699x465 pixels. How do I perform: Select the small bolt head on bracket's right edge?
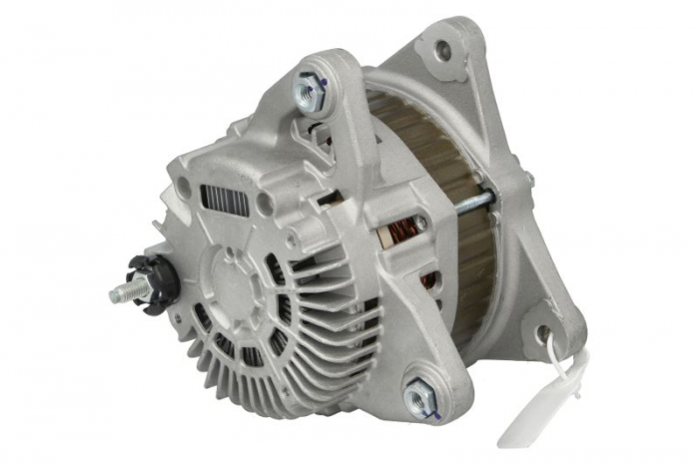[x=529, y=181]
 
